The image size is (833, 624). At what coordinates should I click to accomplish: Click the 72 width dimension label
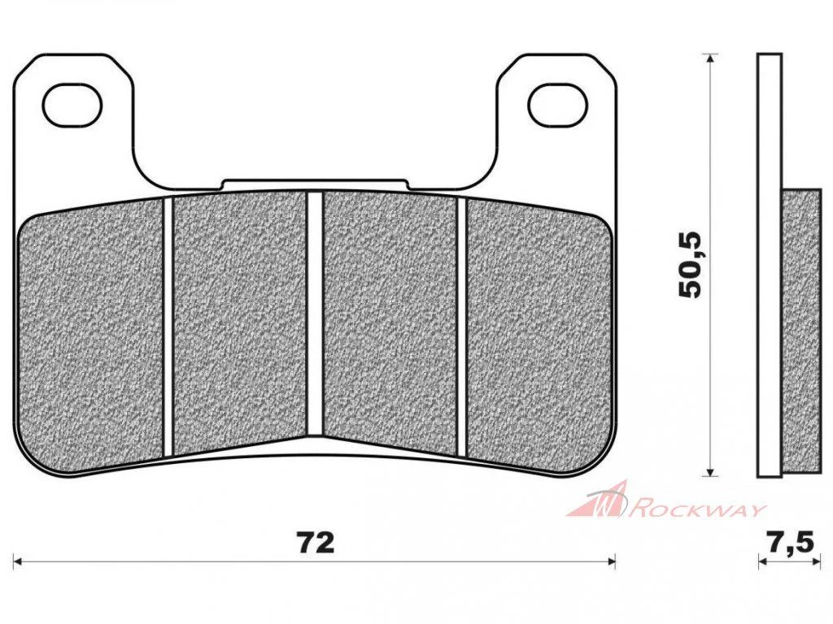coord(316,543)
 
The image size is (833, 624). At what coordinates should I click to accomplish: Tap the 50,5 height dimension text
coord(691,265)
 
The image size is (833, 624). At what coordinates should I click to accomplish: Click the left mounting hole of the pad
coord(72,105)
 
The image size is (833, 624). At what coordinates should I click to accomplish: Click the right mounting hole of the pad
coord(560,105)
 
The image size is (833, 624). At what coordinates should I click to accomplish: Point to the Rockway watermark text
coord(697,510)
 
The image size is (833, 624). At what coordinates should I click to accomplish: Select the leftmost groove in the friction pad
coord(168,326)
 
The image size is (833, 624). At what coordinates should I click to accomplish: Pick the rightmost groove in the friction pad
coord(461,326)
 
